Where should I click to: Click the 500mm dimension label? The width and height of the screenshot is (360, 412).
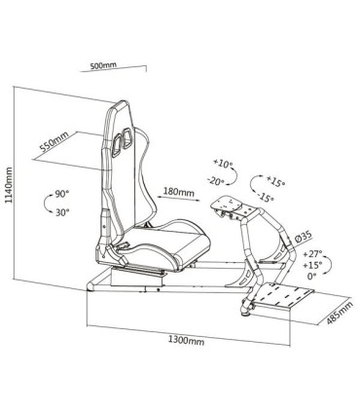pyautogui.click(x=103, y=67)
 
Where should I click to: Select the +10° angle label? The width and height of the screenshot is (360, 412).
pyautogui.click(x=222, y=163)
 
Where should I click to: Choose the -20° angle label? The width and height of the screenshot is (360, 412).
pyautogui.click(x=217, y=180)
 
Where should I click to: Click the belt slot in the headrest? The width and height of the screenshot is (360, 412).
pyautogui.click(x=121, y=142)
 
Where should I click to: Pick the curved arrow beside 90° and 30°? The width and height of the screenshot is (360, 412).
pyautogui.click(x=43, y=204)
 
